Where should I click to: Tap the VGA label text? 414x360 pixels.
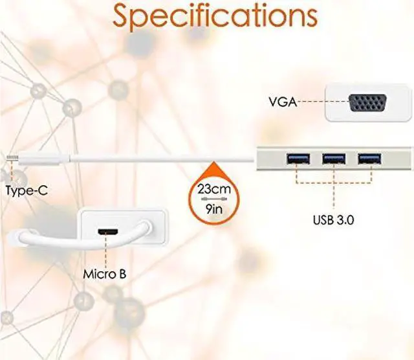pos(282,102)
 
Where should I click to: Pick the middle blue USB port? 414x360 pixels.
pos(333,157)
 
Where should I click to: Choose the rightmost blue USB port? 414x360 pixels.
pos(369,157)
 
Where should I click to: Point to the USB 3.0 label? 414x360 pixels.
pos(332,219)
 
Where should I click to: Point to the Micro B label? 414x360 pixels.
pos(104,273)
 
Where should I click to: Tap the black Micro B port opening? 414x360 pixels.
pos(104,232)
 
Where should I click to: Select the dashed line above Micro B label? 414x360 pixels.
pos(104,251)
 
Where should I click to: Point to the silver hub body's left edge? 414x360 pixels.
pos(259,158)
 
